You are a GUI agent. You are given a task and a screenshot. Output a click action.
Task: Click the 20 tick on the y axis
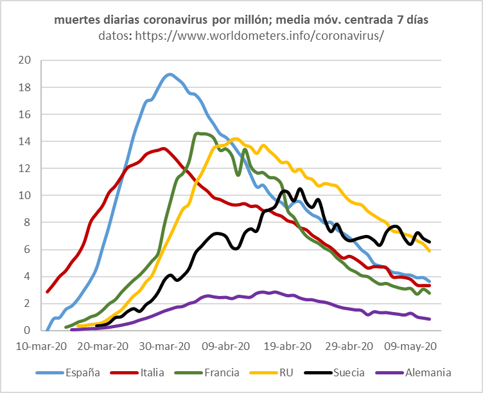tap(25, 60)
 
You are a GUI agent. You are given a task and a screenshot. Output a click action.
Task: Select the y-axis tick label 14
tap(25, 141)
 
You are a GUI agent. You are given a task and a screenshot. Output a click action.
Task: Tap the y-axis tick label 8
tap(28, 222)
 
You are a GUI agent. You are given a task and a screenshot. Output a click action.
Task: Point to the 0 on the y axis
tap(28, 330)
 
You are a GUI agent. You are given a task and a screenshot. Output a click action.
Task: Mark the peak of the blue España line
tap(170, 74)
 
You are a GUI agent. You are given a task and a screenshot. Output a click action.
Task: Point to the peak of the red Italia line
tap(163, 148)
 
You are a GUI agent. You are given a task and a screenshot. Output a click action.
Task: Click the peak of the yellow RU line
tap(234, 138)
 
